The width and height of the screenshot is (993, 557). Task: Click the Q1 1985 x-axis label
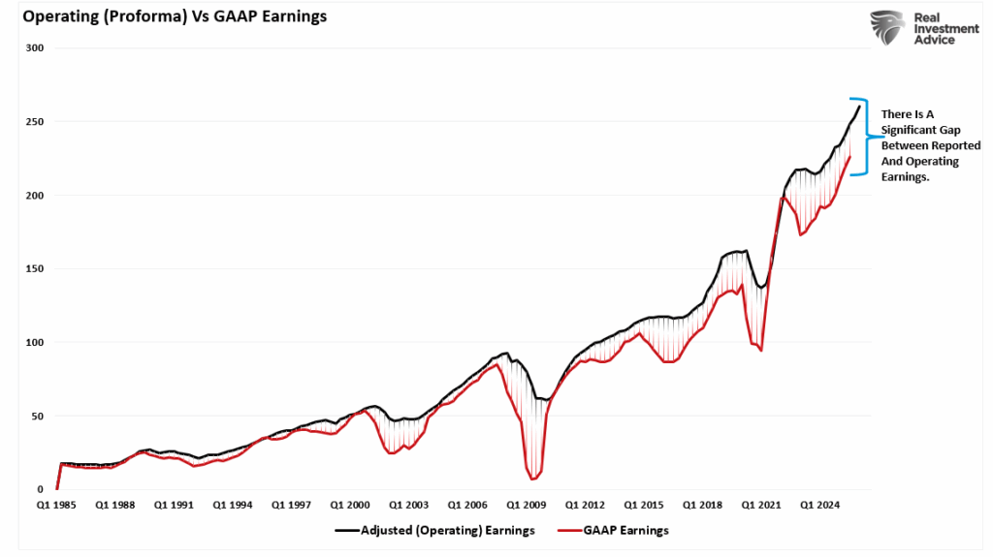57,506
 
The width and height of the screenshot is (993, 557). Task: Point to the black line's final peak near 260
859,107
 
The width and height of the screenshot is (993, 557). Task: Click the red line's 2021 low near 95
761,350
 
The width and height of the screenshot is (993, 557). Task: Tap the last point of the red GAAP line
850,157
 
